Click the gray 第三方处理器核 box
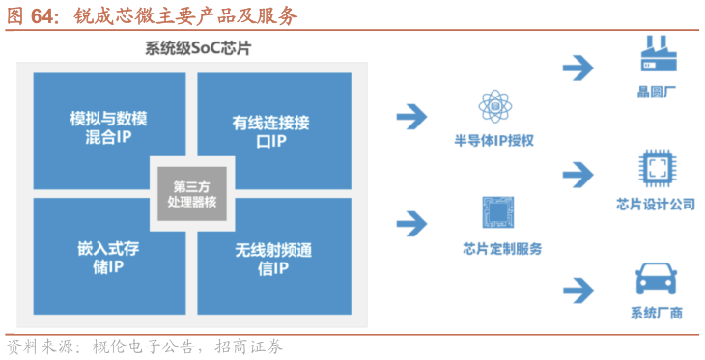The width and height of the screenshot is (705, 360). click(x=192, y=194)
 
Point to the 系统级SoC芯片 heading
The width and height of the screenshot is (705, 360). click(x=198, y=48)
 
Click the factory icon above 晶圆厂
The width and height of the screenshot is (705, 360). click(x=659, y=54)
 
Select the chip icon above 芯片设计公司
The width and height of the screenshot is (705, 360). click(x=658, y=169)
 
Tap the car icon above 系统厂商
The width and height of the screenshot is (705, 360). click(x=657, y=279)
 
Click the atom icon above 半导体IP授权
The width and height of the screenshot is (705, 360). click(x=495, y=106)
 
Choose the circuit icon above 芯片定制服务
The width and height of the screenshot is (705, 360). click(x=498, y=212)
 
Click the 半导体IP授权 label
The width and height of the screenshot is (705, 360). click(x=493, y=141)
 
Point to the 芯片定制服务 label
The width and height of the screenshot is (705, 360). click(x=502, y=249)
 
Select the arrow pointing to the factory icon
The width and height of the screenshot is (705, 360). click(x=578, y=69)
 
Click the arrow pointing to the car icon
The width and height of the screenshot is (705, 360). click(x=578, y=291)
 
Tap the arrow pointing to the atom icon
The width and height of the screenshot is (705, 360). click(x=411, y=117)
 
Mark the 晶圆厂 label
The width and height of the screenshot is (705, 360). click(x=657, y=92)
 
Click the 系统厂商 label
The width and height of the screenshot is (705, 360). click(x=657, y=313)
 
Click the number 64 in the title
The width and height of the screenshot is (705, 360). click(x=42, y=16)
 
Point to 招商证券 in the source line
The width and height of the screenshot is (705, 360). click(x=248, y=346)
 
